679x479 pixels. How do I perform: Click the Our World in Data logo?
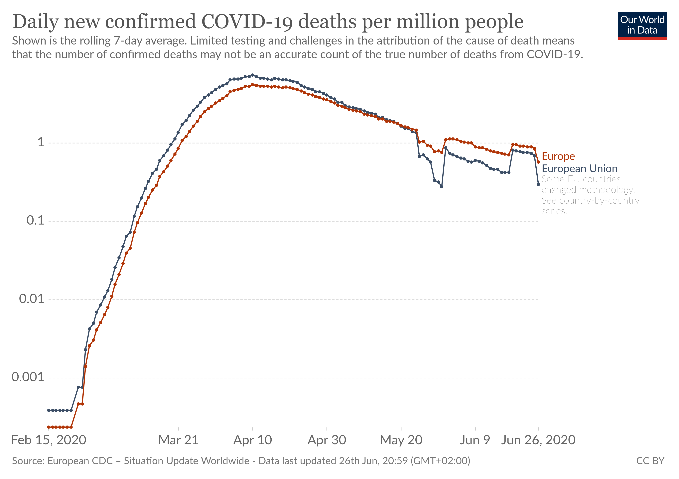pos(642,25)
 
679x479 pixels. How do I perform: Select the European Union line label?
pos(579,169)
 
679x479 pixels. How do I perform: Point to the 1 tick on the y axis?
pos(41,143)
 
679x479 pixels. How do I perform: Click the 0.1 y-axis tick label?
pos(35,221)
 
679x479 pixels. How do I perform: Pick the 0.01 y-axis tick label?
pos(31,299)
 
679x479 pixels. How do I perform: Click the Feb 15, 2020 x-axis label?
pos(49,440)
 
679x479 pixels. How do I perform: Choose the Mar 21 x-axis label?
pos(178,440)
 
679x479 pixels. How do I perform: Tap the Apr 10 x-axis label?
pos(253,440)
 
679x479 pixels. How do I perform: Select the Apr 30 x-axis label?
pos(327,440)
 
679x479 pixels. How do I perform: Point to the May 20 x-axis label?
pos(401,440)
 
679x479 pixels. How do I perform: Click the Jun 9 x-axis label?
pos(475,440)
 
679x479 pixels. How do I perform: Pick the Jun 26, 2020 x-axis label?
pos(538,440)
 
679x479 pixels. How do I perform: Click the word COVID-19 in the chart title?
pos(247,22)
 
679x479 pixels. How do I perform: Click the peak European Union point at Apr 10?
pos(252,75)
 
